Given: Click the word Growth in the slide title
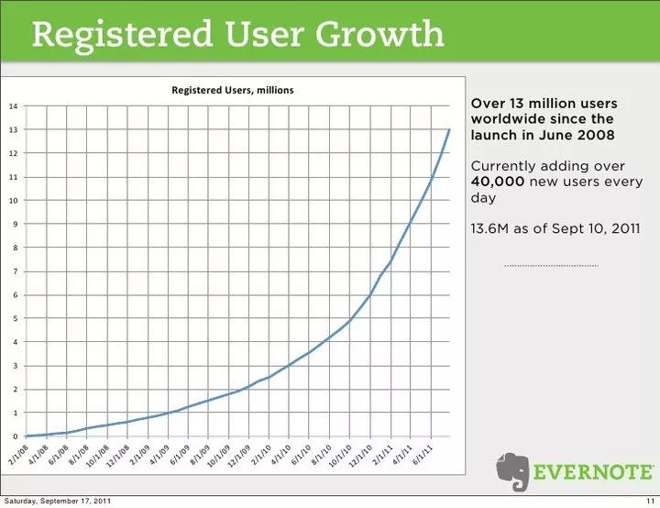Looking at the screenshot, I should coord(380,35).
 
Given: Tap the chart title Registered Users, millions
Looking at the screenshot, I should coord(233,90).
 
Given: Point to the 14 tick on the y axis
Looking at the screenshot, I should coord(13,106).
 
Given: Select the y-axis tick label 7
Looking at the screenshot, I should coord(14,272).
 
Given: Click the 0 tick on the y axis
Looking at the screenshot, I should coord(14,437).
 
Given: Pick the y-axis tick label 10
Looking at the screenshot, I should coord(13,201).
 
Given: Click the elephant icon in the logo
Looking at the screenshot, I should coord(513,470).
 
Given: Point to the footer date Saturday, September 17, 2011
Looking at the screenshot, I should coord(58,501).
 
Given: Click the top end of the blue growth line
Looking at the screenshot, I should coord(449,130).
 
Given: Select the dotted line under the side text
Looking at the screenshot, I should coord(551,266).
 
